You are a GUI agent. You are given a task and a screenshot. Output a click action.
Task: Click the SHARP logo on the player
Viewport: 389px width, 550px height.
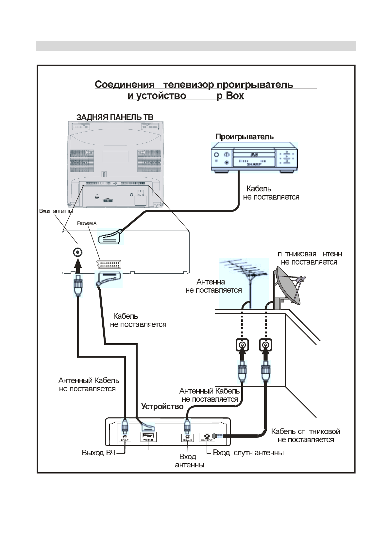(254, 164)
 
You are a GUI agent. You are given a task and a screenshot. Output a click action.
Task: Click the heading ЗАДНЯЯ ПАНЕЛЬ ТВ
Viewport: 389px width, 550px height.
(115, 117)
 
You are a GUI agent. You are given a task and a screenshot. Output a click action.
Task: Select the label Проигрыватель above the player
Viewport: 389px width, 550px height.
(245, 137)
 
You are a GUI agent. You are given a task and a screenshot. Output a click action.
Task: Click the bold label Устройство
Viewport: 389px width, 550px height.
(162, 407)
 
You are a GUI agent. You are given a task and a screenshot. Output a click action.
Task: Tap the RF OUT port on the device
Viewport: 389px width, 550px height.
(125, 437)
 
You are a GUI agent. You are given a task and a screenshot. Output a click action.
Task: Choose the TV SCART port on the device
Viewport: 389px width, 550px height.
(148, 436)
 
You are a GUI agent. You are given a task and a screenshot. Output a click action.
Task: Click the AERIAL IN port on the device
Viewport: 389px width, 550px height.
(187, 437)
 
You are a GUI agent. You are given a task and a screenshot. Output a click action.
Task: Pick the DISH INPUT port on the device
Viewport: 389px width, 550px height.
(207, 436)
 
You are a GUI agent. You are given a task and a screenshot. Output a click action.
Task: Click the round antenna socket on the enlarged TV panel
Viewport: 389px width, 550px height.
(77, 252)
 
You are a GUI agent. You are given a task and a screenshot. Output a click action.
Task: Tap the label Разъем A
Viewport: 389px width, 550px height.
(87, 223)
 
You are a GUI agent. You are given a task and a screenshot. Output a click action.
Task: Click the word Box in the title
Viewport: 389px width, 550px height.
(235, 96)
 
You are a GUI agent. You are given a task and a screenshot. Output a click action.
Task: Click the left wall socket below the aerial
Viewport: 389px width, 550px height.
(242, 345)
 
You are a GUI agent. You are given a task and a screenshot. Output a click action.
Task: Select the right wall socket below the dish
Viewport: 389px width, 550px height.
(266, 345)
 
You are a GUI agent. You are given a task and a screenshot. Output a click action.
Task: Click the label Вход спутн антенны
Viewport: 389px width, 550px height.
(248, 453)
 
